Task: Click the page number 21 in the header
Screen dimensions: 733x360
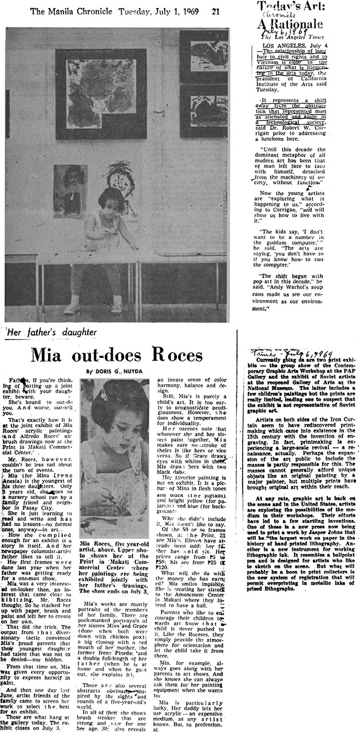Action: coord(215,10)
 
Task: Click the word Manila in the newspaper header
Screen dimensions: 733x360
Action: coord(68,10)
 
